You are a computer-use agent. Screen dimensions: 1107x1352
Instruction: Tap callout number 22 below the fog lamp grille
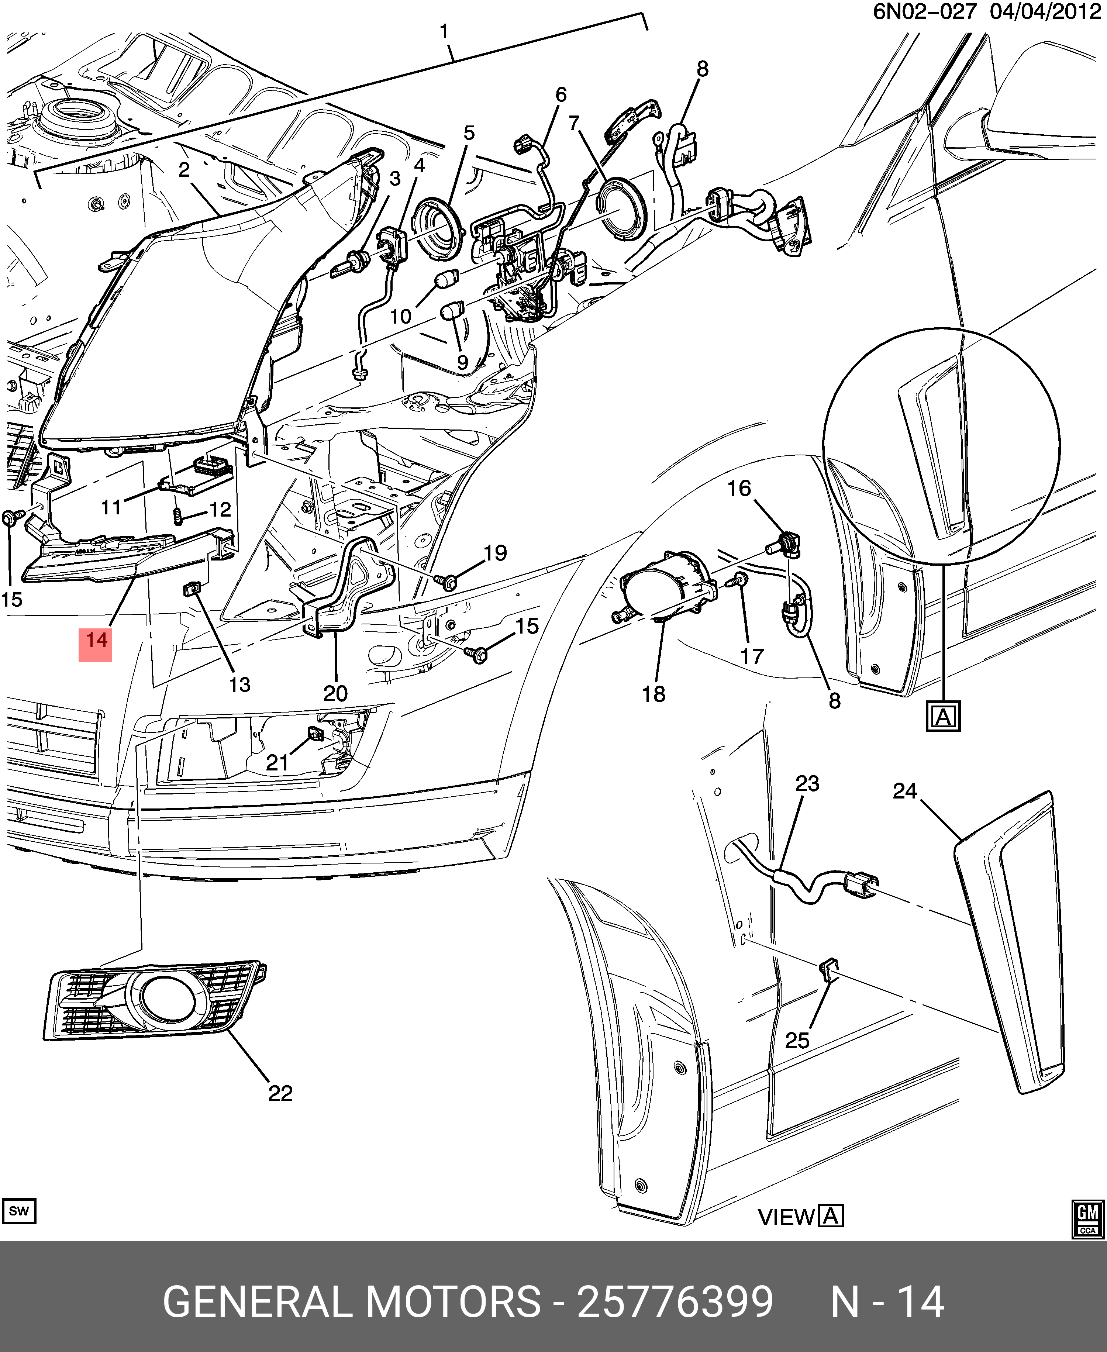point(280,1094)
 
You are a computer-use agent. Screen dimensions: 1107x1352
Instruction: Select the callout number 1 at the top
point(444,31)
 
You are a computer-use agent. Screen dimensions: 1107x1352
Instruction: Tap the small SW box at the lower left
point(19,1211)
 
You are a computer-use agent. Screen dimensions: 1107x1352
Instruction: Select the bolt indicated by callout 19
point(448,580)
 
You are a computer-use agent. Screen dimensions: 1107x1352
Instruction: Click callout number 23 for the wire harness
point(807,784)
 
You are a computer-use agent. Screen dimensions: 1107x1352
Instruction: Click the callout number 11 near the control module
point(111,508)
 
